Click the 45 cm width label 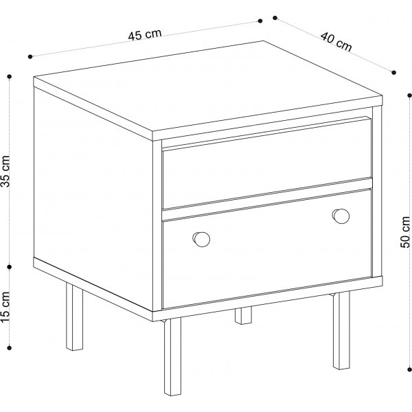145,34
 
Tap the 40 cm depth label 336,41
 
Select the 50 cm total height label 405,232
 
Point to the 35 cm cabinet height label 5,171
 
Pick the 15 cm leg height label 5,307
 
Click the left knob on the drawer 201,239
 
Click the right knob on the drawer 341,216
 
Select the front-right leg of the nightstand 341,330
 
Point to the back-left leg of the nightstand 74,317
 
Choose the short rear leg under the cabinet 243,315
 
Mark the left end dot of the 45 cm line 30,56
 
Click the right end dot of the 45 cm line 260,21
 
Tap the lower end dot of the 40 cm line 393,73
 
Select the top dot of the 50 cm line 409,95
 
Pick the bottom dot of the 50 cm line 409,369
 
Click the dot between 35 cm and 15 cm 10,267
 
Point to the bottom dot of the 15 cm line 10,348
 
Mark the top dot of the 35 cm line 10,76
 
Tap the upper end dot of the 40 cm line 275,18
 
